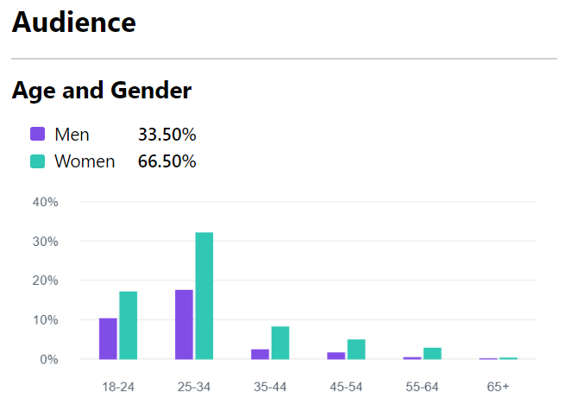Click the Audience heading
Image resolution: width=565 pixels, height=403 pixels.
(x=74, y=23)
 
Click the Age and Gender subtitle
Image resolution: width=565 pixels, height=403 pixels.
(x=102, y=90)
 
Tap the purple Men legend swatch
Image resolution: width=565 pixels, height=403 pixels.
(x=37, y=135)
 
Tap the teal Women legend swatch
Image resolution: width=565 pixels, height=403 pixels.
(x=37, y=161)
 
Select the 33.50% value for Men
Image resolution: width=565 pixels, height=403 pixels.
(x=166, y=135)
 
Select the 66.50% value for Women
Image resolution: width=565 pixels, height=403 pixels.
(x=166, y=161)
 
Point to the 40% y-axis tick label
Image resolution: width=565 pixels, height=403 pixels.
(x=45, y=202)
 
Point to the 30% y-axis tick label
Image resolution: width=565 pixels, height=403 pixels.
(x=45, y=242)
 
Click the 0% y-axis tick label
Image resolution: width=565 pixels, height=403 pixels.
(x=48, y=359)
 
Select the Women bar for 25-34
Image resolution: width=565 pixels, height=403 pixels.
(x=204, y=296)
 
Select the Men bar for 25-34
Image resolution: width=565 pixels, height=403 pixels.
(x=184, y=324)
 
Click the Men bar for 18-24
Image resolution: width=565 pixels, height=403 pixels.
(x=108, y=338)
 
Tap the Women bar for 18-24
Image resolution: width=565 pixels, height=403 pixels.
(x=129, y=325)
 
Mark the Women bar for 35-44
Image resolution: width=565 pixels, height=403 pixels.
(x=280, y=343)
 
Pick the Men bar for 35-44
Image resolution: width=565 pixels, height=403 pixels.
(x=260, y=354)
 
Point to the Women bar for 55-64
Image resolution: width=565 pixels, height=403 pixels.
(x=432, y=354)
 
